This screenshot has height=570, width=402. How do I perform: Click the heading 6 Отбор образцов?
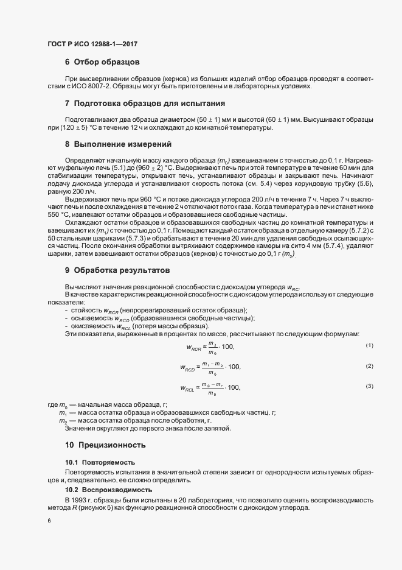(103, 62)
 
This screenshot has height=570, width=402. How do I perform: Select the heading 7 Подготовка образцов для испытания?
(145, 104)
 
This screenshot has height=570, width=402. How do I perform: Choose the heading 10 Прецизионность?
(105, 445)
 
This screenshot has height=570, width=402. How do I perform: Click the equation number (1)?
(369, 346)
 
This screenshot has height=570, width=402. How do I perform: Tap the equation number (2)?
(369, 366)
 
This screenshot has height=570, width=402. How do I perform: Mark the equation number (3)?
(369, 387)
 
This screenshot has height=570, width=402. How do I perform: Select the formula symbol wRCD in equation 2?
(187, 368)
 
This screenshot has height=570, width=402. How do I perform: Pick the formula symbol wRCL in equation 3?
(187, 388)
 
